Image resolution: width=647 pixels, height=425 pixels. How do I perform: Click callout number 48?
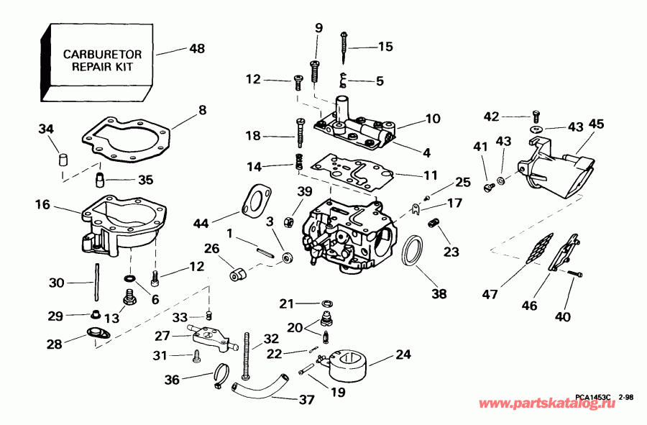(x=196, y=49)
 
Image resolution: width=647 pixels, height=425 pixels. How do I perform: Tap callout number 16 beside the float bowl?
(x=42, y=205)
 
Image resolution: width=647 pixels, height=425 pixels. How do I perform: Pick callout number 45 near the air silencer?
(x=597, y=124)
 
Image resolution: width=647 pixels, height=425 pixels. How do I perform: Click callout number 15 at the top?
(x=385, y=47)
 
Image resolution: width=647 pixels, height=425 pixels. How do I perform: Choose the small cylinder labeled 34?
(x=63, y=157)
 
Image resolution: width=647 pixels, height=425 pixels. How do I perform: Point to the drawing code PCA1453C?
(x=592, y=397)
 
